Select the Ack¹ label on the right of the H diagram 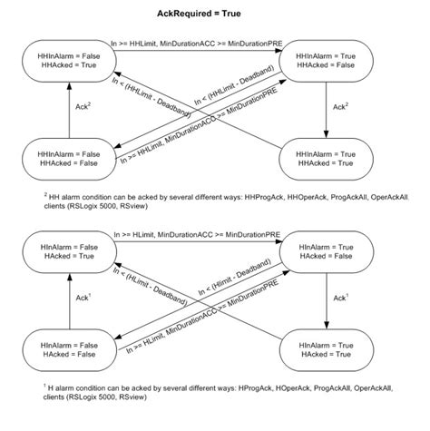click(339, 297)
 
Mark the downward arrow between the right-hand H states click(326, 297)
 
